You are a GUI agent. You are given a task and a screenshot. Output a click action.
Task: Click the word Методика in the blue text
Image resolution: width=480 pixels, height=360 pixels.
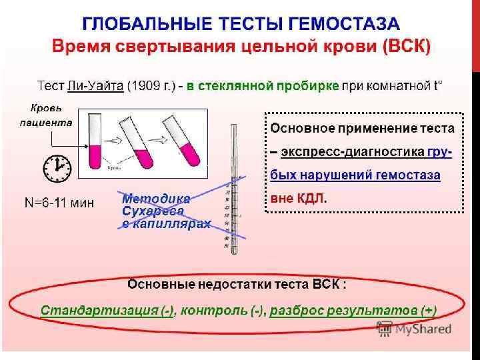click(x=155, y=199)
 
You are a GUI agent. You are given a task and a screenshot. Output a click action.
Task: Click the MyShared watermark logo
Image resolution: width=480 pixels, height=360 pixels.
click(x=414, y=329)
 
